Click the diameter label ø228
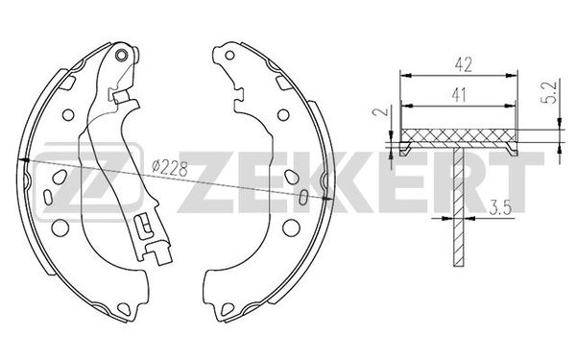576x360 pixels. click(x=170, y=169)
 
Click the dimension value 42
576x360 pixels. click(x=463, y=64)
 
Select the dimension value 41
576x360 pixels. click(x=459, y=95)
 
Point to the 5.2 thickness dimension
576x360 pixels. click(x=552, y=92)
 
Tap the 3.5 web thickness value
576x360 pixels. click(x=500, y=207)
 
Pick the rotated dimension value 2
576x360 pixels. click(x=379, y=111)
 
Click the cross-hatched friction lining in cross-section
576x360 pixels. click(x=459, y=135)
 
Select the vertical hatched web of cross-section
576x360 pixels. click(x=459, y=204)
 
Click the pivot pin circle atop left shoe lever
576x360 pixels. click(x=121, y=55)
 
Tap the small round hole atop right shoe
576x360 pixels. click(x=229, y=56)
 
